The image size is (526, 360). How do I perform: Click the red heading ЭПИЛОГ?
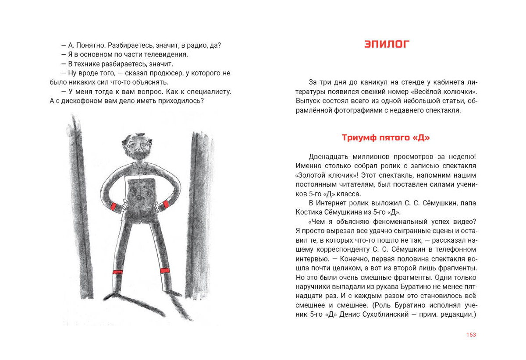(387, 44)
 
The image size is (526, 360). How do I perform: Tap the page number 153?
(471, 335)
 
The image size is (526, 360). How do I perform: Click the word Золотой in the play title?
(314, 175)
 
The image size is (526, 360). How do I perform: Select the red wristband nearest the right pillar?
(166, 204)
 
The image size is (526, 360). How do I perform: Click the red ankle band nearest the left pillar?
(117, 272)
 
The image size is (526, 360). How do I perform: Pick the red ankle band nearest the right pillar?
(164, 270)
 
